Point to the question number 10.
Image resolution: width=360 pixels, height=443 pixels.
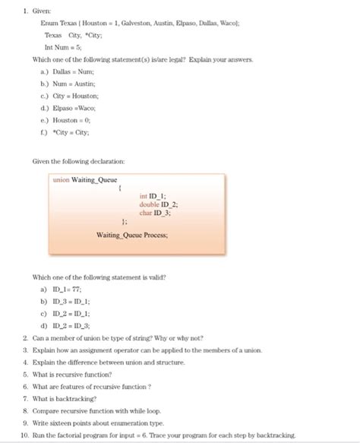(x=24, y=435)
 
